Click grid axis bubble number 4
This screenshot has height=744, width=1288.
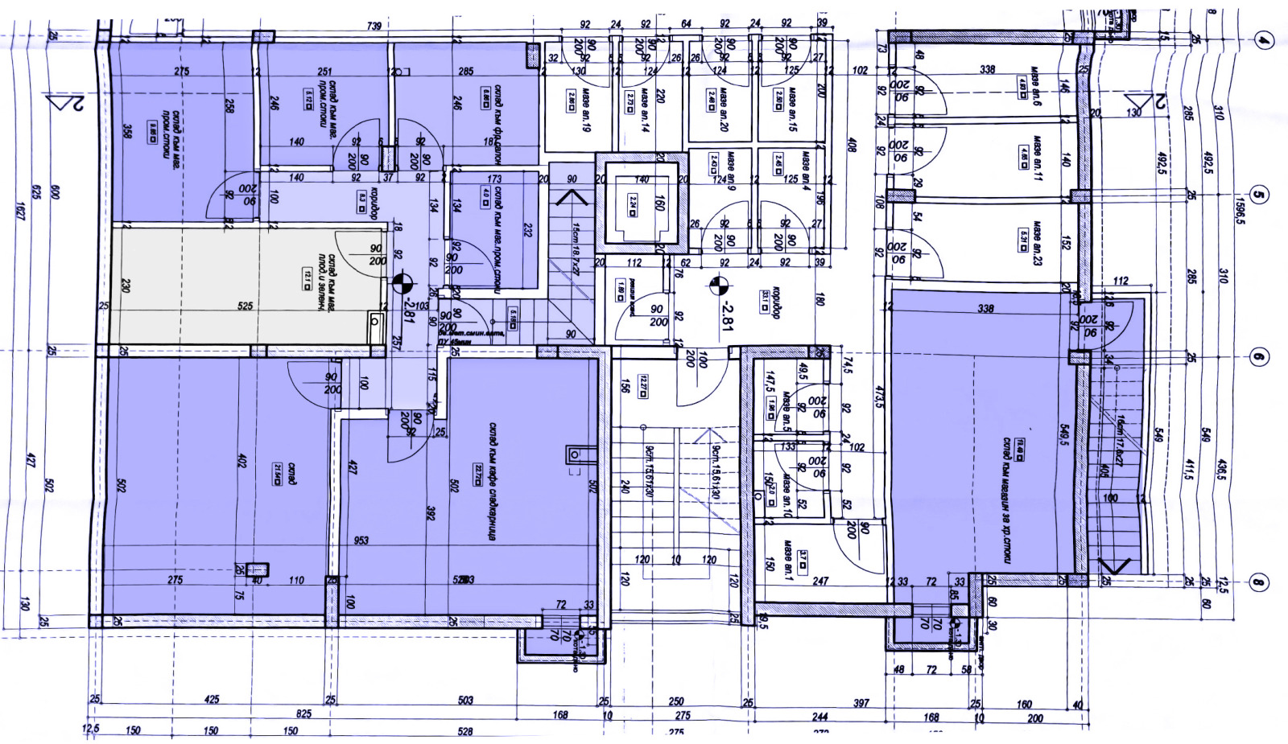click(1265, 40)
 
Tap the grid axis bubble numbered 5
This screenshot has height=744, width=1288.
click(1261, 195)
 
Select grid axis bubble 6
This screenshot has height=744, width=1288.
click(1261, 358)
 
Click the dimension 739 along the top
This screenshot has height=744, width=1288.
click(374, 27)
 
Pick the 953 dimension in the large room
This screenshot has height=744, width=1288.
click(361, 540)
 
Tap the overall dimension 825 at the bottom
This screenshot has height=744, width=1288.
click(303, 714)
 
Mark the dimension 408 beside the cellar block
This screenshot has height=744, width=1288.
click(852, 146)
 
